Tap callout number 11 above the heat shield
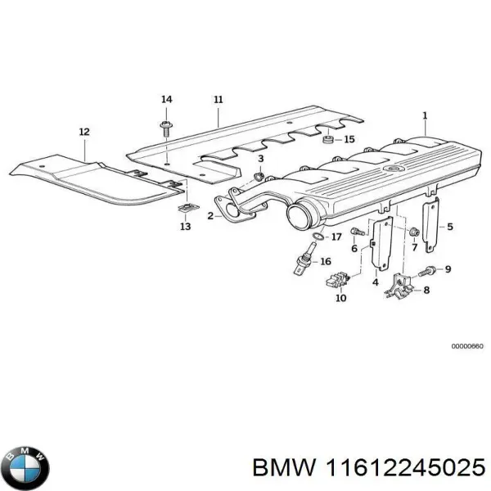(218, 100)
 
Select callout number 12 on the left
(84, 131)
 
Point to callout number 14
(166, 100)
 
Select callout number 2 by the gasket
(210, 216)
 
